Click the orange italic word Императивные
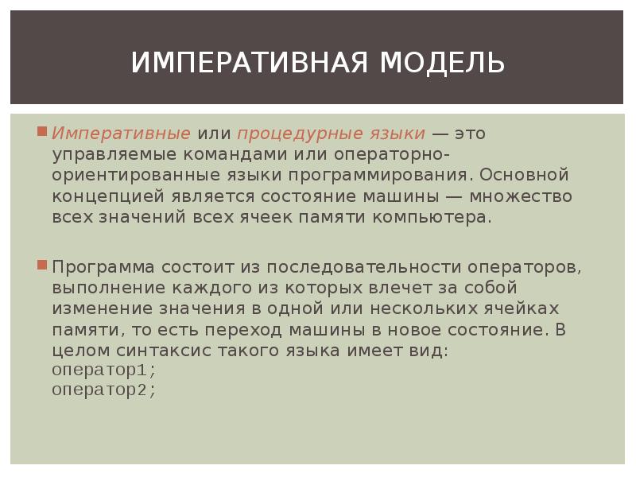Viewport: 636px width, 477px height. click(x=122, y=133)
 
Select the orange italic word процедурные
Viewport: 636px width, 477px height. click(x=285, y=133)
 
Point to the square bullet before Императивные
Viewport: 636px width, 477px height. click(x=44, y=130)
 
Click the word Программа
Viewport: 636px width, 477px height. click(x=104, y=266)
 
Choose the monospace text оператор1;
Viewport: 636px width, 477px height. click(x=104, y=370)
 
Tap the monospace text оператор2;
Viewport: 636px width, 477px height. click(x=104, y=390)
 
